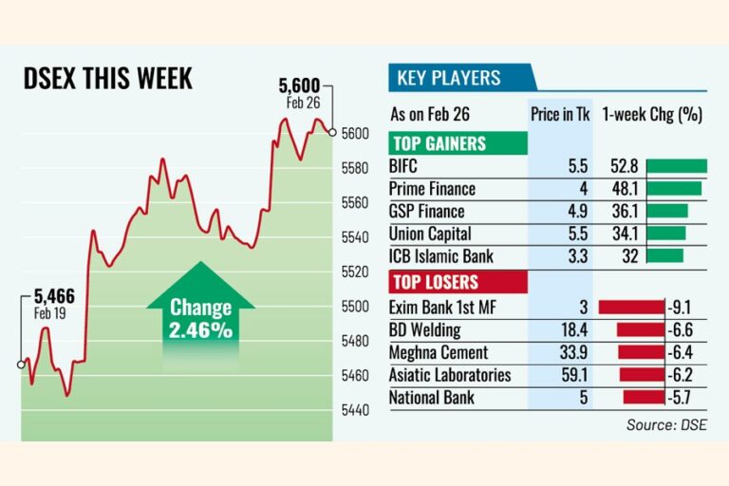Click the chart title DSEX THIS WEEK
click(x=107, y=78)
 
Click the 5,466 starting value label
click(x=54, y=298)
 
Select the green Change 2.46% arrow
click(x=200, y=318)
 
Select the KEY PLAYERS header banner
click(x=461, y=79)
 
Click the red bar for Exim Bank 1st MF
click(x=631, y=307)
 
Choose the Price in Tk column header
click(x=559, y=115)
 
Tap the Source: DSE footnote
click(x=665, y=425)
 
